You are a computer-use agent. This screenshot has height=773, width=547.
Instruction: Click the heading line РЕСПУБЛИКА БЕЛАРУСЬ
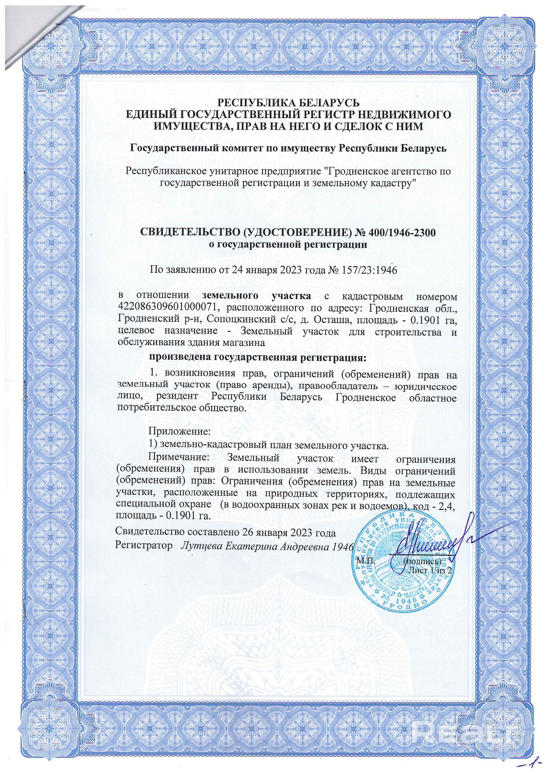click(289, 103)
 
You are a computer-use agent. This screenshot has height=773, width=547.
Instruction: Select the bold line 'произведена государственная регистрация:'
click(258, 357)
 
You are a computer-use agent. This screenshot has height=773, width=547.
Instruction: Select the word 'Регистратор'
click(143, 546)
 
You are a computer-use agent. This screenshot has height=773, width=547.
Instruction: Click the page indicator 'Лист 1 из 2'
click(431, 570)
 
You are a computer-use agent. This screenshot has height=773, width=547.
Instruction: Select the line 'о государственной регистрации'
click(288, 245)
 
